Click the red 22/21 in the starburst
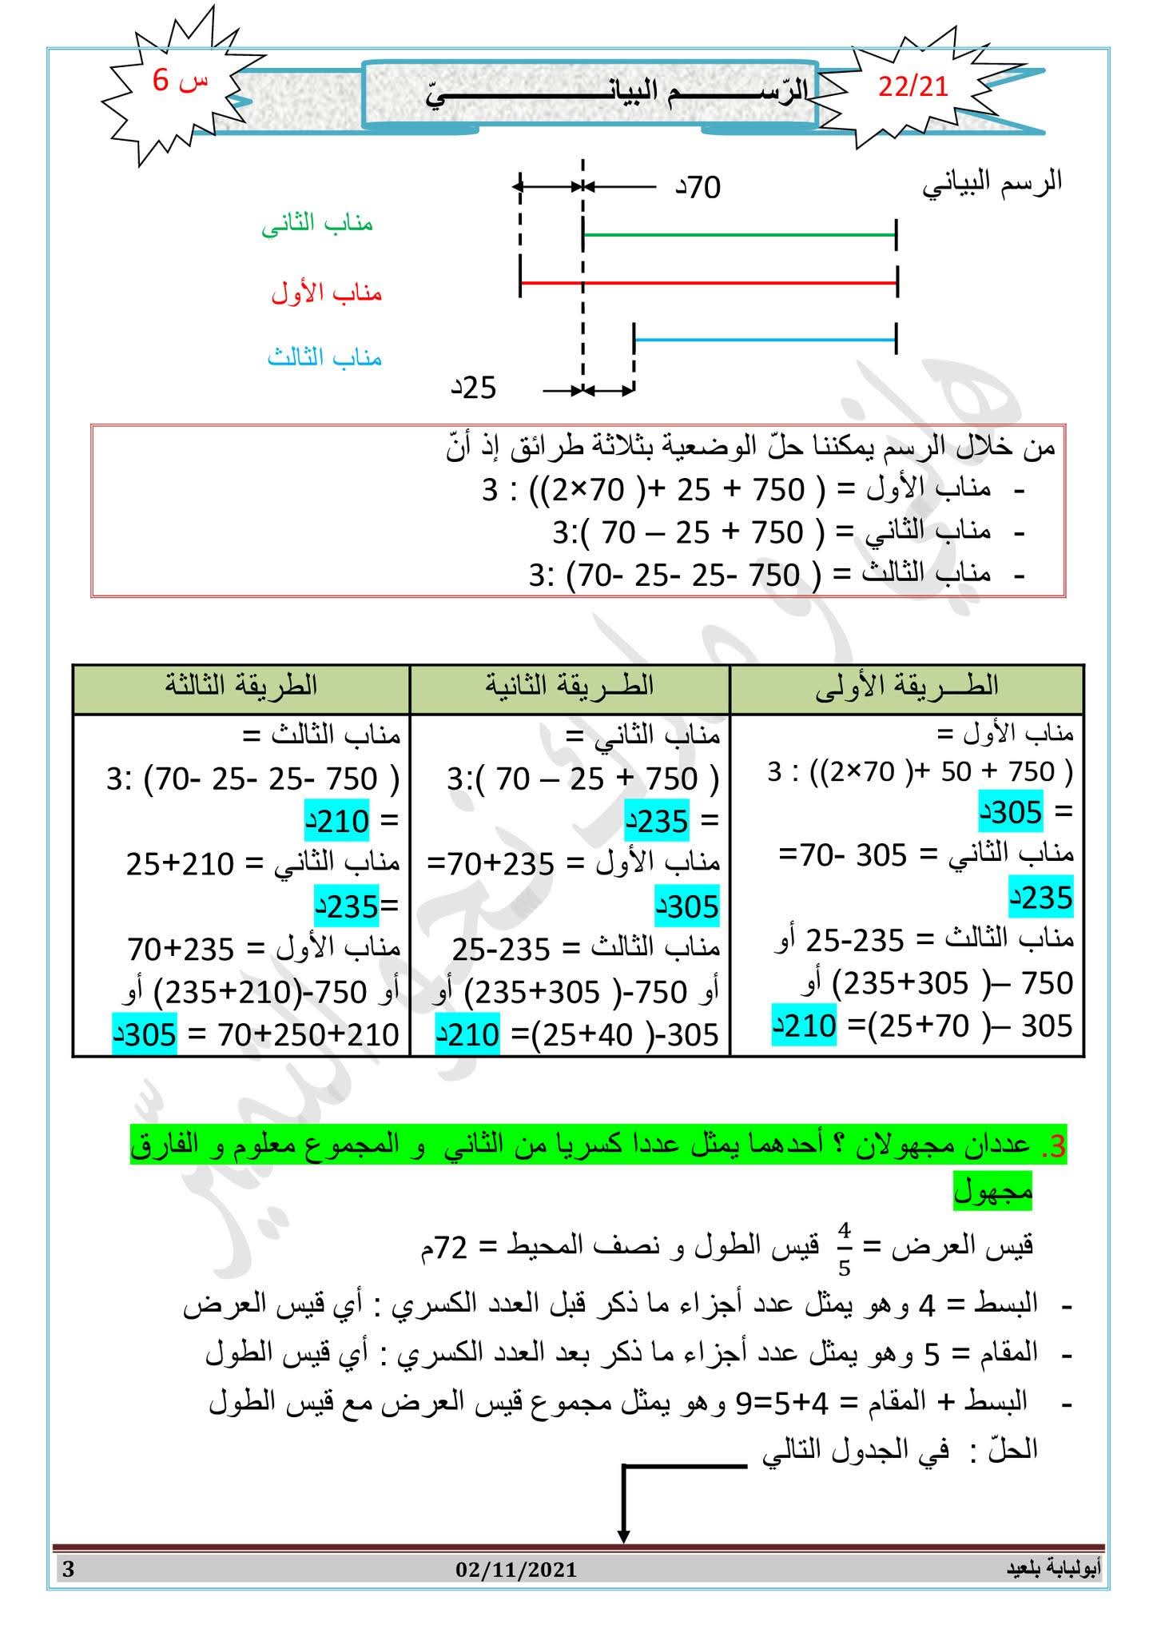point(912,86)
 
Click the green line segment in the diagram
point(739,235)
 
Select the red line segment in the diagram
point(708,283)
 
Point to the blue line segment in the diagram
point(765,340)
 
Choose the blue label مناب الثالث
point(324,357)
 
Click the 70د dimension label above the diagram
point(699,188)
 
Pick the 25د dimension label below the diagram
point(475,388)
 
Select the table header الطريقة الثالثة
point(241,686)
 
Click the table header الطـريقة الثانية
point(570,686)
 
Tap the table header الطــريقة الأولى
point(907,686)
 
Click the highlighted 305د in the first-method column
point(1010,813)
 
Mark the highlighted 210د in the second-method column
point(467,1035)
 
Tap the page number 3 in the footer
point(68,1569)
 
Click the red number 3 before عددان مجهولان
point(1056,1148)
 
